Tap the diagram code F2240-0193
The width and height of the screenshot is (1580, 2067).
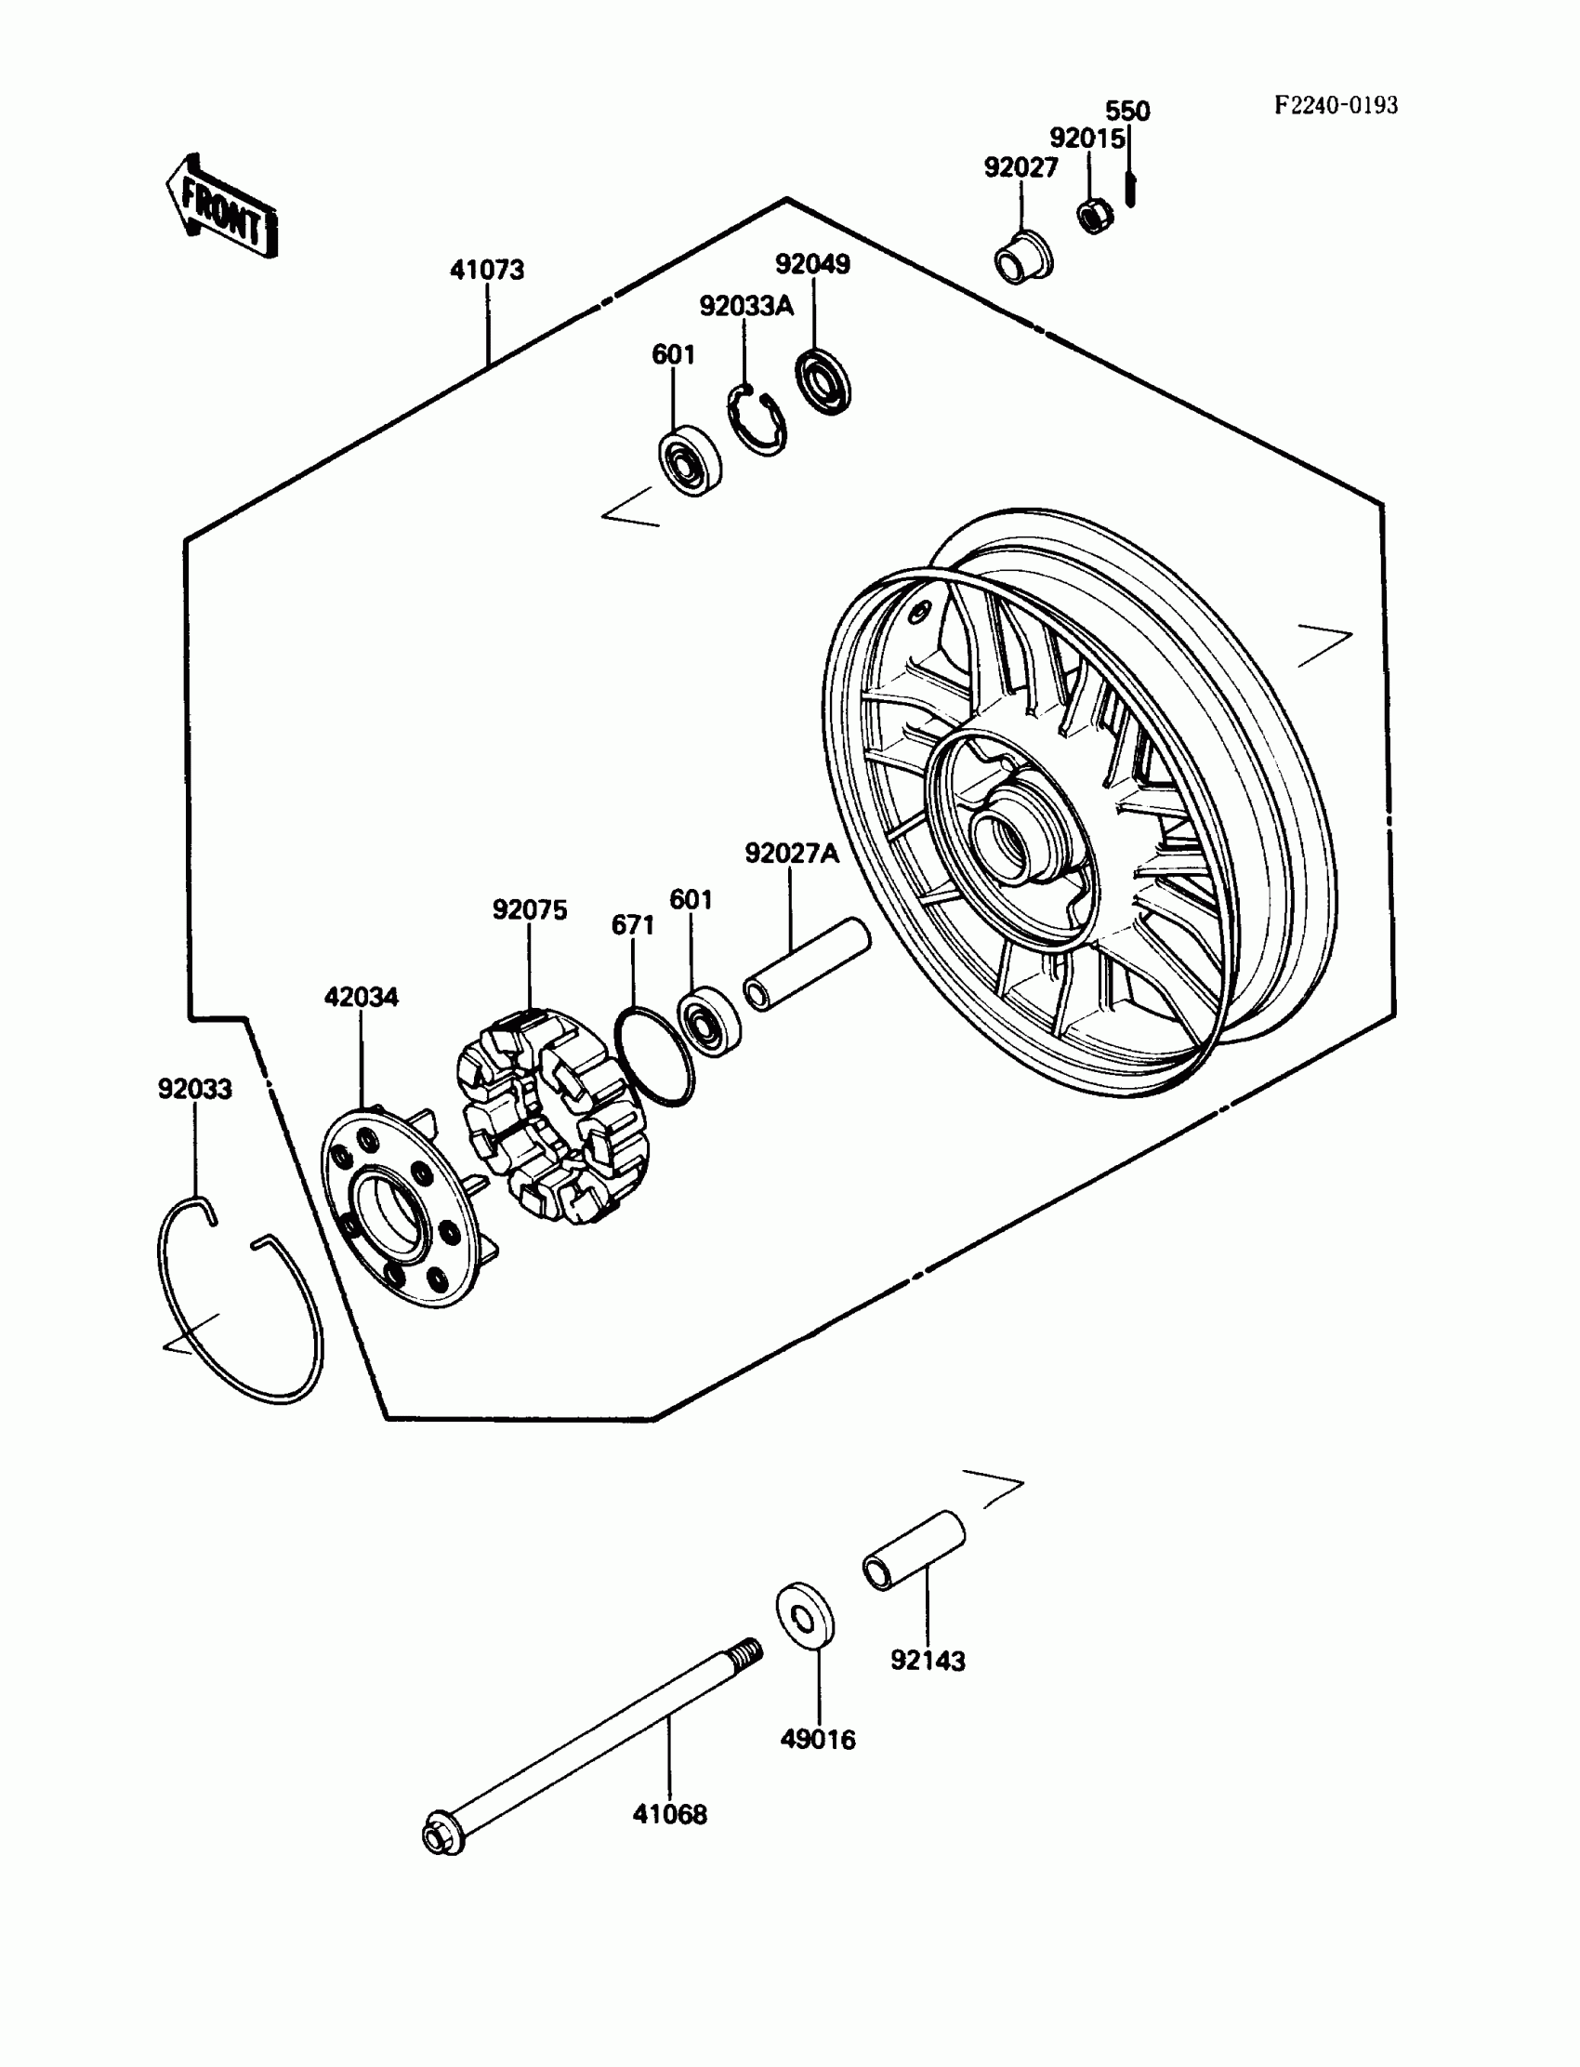1336,105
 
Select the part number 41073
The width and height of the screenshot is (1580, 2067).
486,270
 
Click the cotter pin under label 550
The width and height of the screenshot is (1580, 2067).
1130,190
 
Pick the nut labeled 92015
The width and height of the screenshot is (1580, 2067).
1095,217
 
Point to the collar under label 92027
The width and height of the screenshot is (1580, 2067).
1023,257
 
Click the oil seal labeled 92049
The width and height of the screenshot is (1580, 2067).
823,381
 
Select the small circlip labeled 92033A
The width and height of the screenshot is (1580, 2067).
757,420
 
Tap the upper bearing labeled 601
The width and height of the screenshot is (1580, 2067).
690,461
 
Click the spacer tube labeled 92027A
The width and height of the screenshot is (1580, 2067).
807,964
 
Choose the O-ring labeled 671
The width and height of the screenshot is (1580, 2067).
653,1055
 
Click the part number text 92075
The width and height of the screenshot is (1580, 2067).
530,909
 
